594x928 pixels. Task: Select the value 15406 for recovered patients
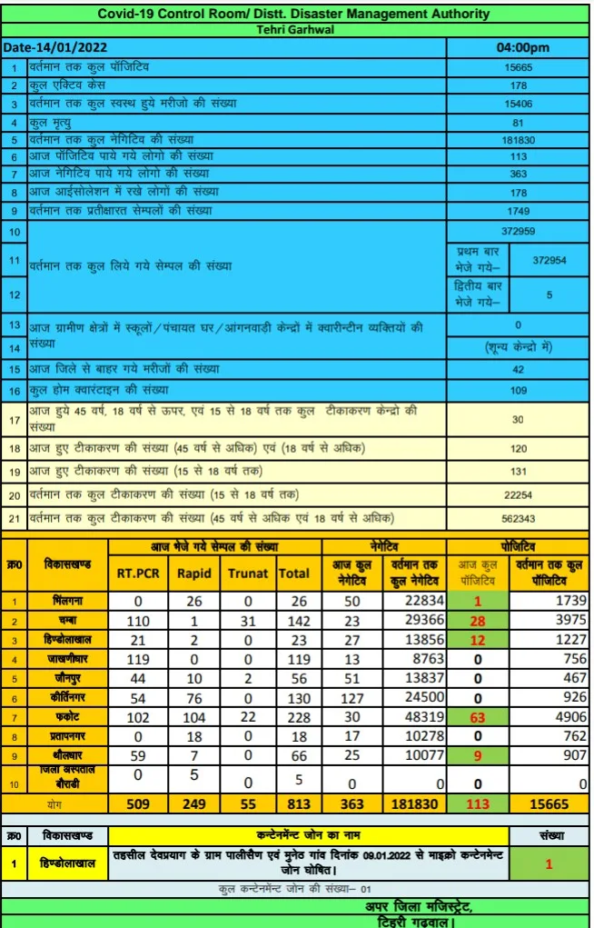518,105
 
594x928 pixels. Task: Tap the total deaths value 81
518,123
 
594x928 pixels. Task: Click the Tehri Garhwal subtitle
296,28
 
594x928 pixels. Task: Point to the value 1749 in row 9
518,211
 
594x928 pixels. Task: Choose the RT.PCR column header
138,574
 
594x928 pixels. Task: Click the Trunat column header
247,574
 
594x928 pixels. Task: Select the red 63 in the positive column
478,718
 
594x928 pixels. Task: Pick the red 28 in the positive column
478,620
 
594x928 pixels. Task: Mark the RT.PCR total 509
138,803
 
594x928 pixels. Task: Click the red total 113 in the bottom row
478,803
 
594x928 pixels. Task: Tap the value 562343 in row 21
518,518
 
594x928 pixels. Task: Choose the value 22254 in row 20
518,494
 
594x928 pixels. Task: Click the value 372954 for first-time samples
549,260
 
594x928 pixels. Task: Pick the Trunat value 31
247,620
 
